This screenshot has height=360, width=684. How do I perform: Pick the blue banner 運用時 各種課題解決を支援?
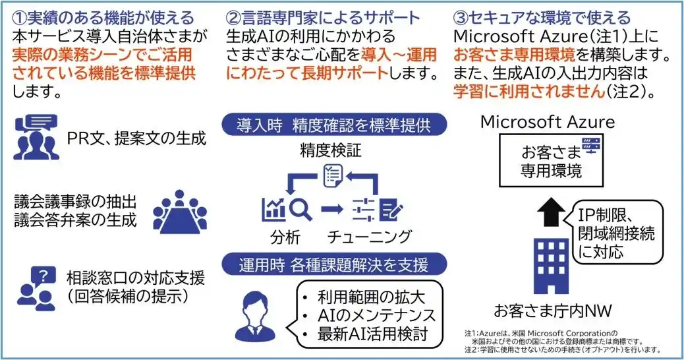[x=333, y=265]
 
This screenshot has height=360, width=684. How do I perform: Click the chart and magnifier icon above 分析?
[x=286, y=208]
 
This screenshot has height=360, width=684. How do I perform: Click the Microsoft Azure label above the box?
[x=548, y=122]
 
